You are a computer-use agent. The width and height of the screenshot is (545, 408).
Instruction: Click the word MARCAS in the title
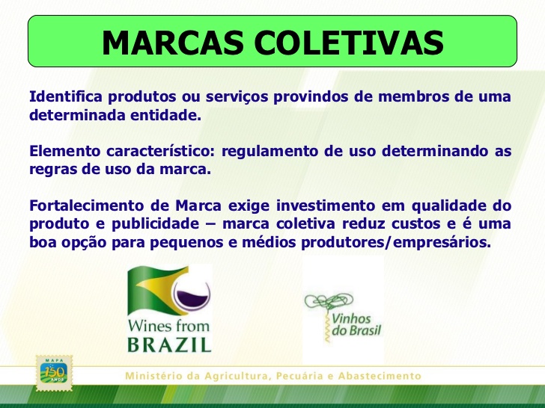(x=173, y=43)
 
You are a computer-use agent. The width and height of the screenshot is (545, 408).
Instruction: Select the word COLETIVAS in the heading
(x=349, y=43)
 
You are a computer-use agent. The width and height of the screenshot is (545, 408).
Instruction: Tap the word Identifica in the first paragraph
(x=66, y=96)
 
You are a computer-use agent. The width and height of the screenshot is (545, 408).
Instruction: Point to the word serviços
(x=237, y=97)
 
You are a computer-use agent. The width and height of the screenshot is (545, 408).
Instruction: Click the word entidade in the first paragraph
(x=165, y=115)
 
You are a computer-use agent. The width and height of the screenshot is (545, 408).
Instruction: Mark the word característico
(x=161, y=151)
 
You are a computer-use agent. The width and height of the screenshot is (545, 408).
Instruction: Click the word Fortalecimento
(x=86, y=205)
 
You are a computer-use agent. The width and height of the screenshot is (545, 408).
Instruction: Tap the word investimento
(x=326, y=205)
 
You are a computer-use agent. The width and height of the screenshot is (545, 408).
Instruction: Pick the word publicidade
(x=156, y=224)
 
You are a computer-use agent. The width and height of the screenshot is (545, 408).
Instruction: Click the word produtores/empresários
(x=396, y=242)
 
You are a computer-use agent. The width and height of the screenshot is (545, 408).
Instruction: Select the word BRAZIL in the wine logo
(x=169, y=344)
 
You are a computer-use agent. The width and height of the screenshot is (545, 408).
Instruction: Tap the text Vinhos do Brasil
(x=356, y=324)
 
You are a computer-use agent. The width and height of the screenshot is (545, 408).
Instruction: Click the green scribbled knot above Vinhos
(x=329, y=301)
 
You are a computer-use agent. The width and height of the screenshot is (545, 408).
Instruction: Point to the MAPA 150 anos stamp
(x=54, y=373)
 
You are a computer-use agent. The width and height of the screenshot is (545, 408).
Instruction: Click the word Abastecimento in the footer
(x=380, y=376)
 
